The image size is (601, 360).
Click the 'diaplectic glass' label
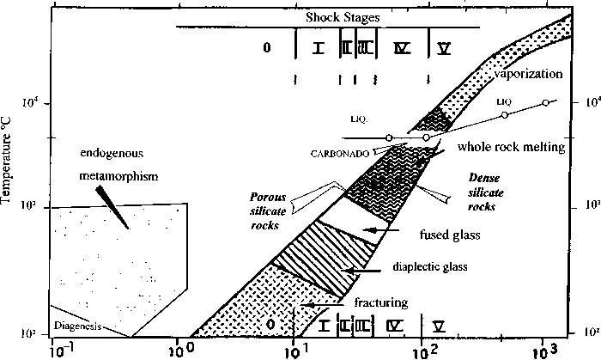[x=430, y=267]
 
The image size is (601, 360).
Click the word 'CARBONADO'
[x=340, y=152]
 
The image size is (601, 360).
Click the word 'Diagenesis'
[x=76, y=326]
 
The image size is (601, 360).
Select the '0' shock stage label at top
[x=267, y=48]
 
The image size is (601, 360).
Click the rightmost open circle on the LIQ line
[x=545, y=103]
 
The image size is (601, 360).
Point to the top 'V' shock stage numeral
[x=444, y=48]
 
